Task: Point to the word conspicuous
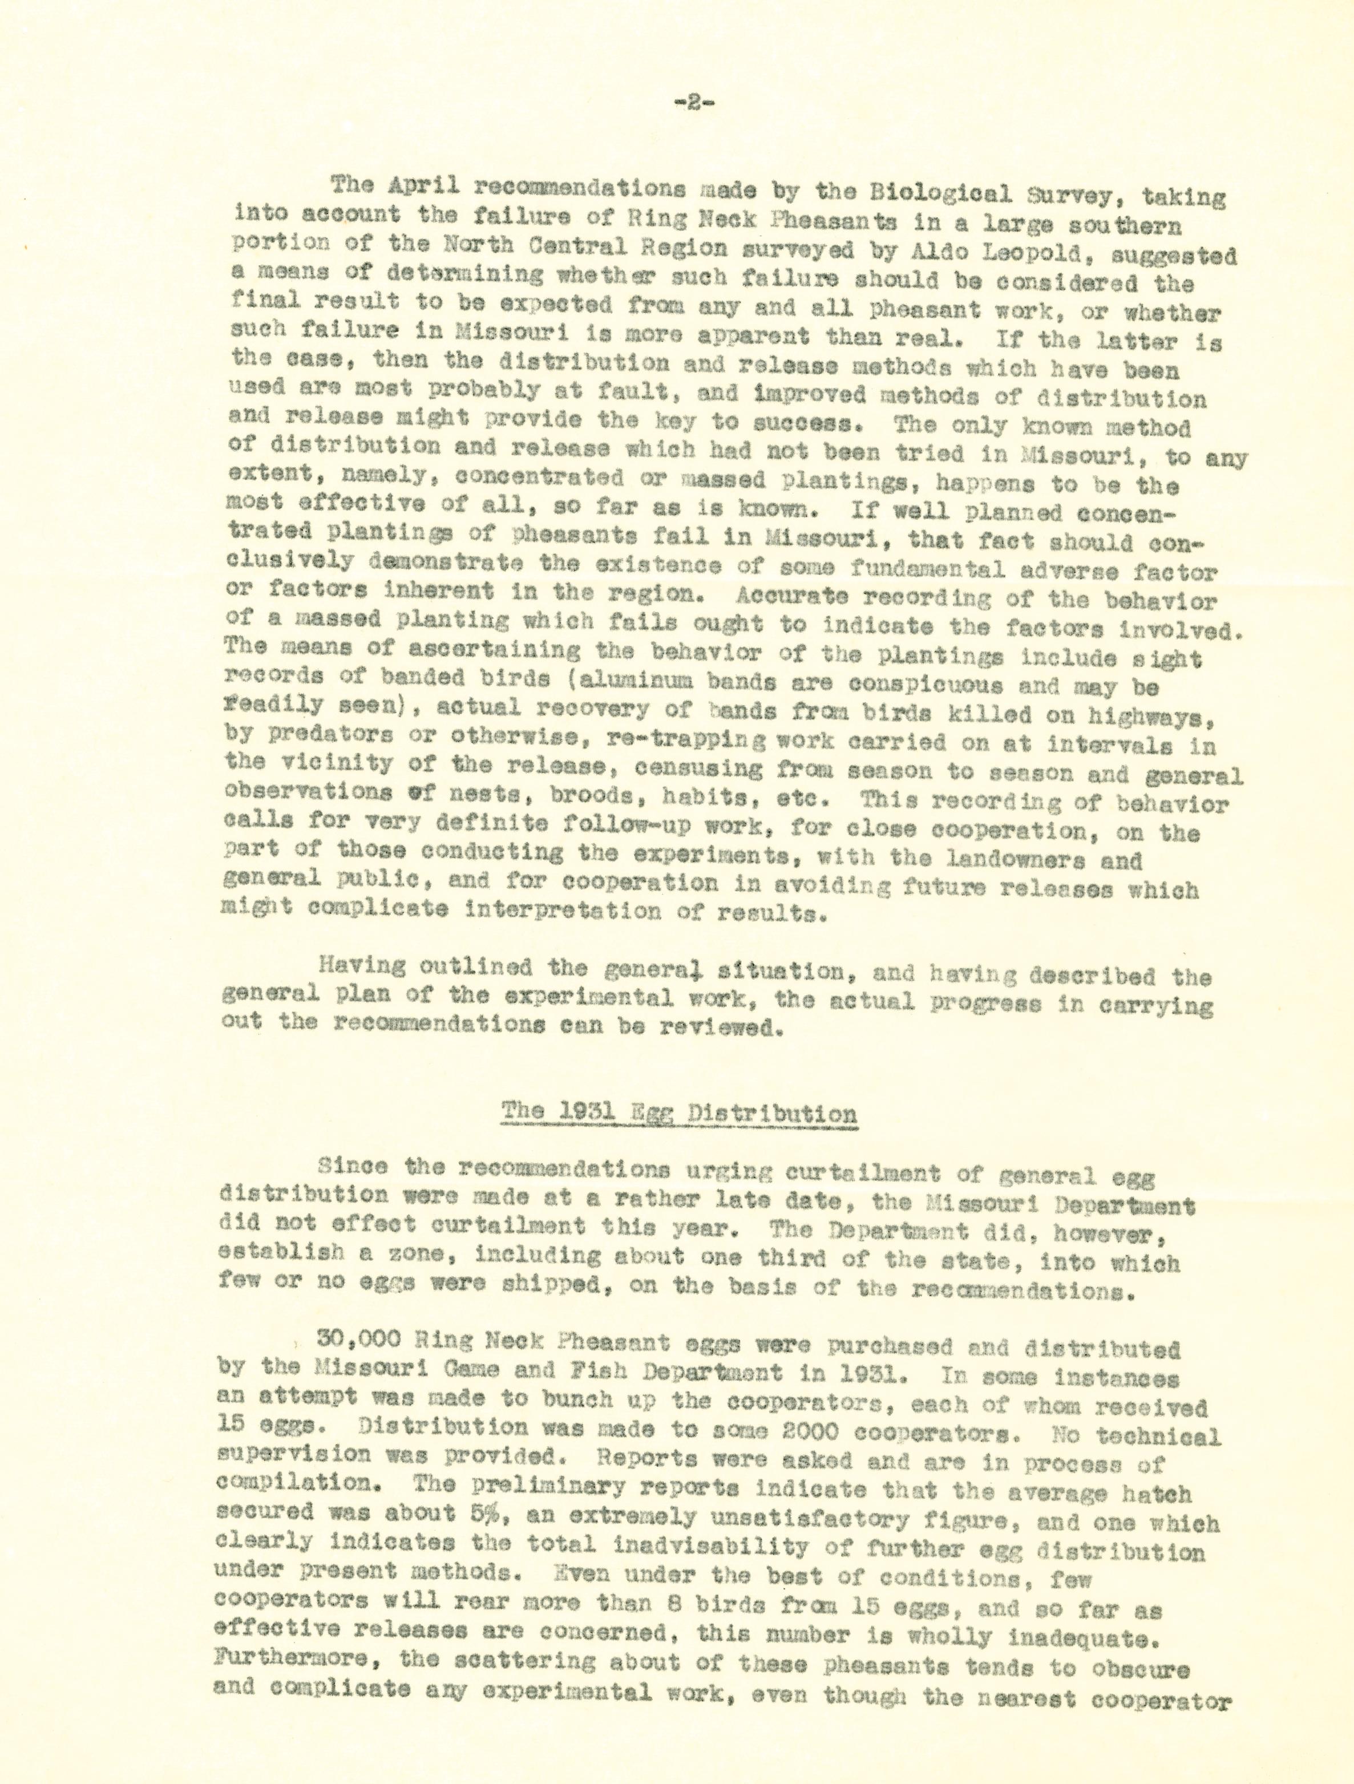click(x=925, y=686)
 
